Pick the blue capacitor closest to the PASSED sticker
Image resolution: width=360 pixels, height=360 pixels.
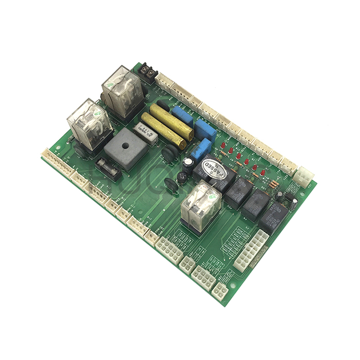[x=204, y=148]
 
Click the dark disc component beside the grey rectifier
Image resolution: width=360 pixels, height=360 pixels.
[x=169, y=153]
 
